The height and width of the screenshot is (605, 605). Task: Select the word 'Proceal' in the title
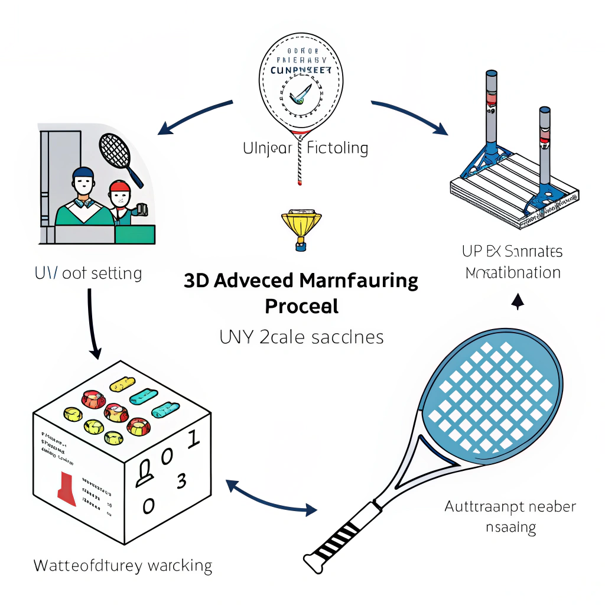(x=301, y=306)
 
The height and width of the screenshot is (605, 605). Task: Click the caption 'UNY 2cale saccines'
(x=301, y=337)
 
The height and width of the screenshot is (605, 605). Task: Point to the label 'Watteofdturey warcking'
(x=122, y=565)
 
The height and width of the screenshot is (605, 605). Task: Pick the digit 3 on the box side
(x=182, y=482)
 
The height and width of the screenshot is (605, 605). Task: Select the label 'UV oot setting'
(x=87, y=274)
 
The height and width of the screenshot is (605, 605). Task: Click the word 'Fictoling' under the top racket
(x=337, y=148)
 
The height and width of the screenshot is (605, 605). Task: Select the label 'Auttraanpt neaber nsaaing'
(x=510, y=516)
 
